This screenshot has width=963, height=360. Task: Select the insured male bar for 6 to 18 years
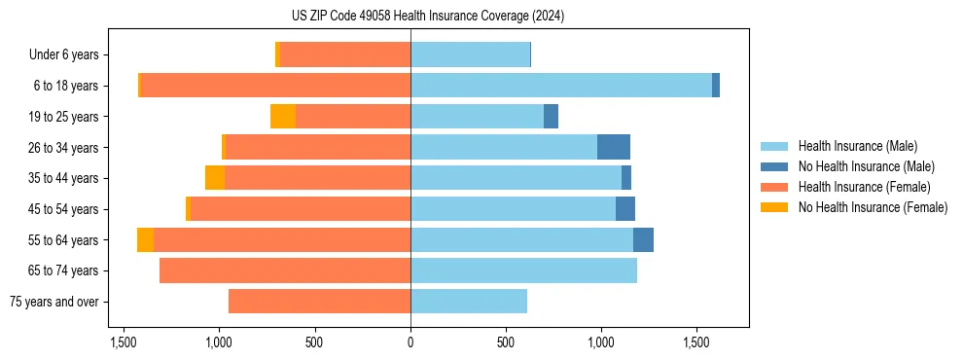[x=560, y=86]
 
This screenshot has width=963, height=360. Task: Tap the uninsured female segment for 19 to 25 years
[x=283, y=117]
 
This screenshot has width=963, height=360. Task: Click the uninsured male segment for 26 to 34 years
[x=614, y=147]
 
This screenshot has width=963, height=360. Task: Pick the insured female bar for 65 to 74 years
[x=285, y=270]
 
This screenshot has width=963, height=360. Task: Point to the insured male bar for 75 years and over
[x=469, y=302]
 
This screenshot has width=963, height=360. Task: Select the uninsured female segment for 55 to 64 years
[x=145, y=239]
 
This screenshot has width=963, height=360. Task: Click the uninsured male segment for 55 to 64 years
[x=643, y=239]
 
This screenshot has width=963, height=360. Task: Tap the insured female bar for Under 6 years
[x=345, y=54]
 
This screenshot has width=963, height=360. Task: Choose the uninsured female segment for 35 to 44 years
[x=215, y=178]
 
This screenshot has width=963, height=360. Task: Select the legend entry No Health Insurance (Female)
[x=873, y=207]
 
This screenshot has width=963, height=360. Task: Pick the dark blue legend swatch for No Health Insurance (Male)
[x=774, y=166]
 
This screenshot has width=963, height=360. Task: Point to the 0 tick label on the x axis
[x=410, y=342]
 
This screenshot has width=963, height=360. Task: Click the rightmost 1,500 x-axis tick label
[x=697, y=342]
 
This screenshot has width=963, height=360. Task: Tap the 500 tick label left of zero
[x=314, y=342]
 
